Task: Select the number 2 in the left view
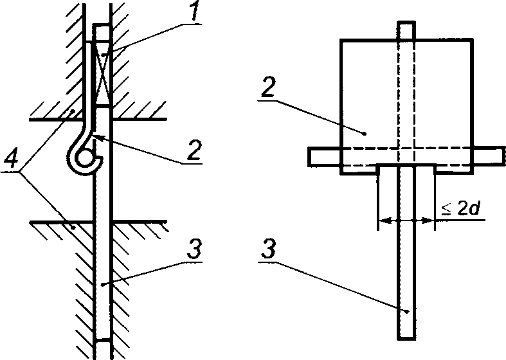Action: click(x=194, y=150)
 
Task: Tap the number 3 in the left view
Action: click(x=195, y=249)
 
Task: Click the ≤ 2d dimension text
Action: click(x=460, y=209)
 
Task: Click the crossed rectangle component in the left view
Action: click(x=102, y=73)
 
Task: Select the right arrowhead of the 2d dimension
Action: click(x=428, y=221)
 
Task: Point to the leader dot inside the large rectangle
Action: click(x=365, y=133)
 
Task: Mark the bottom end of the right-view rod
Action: click(x=406, y=338)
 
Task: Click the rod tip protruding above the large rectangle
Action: click(x=406, y=30)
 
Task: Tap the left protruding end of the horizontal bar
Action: click(x=323, y=157)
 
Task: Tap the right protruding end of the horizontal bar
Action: click(x=489, y=157)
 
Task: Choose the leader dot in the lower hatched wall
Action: click(x=74, y=228)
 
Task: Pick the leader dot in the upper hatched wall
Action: click(x=73, y=111)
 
